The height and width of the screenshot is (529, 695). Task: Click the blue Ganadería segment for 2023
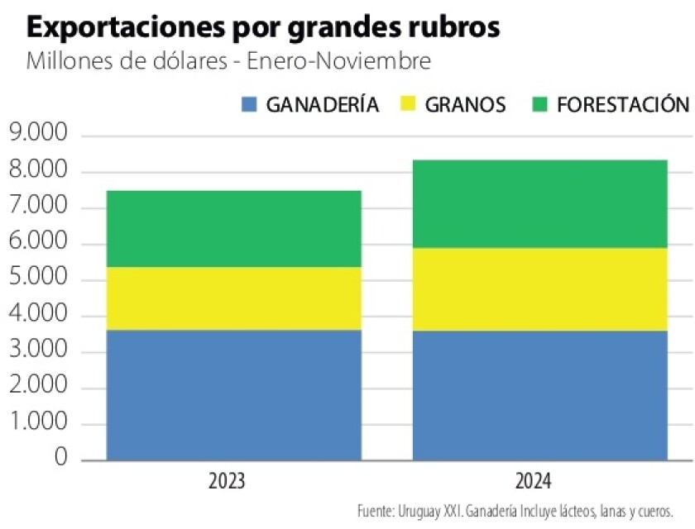(234, 394)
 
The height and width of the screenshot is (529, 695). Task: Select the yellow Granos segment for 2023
(234, 298)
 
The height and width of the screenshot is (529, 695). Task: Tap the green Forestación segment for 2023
(234, 229)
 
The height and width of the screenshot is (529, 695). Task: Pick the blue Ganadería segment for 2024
(539, 394)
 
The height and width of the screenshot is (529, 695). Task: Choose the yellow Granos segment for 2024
(539, 289)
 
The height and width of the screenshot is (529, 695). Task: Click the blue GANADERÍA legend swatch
(249, 105)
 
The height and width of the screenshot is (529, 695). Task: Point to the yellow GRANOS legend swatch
(410, 105)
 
